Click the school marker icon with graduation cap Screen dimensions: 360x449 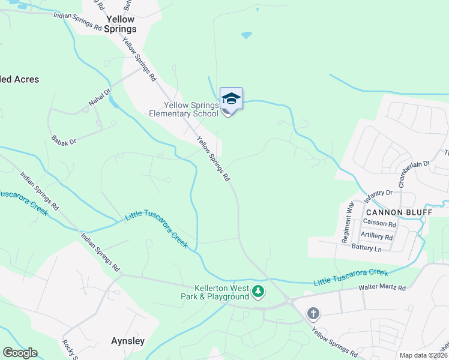231,98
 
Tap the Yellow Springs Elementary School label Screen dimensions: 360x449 183,109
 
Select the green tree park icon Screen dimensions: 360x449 258,292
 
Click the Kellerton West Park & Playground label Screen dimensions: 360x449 215,292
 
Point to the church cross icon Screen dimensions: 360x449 313,313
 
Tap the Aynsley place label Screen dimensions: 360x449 128,341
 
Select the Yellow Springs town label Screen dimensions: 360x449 120,24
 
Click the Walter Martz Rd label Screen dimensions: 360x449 382,288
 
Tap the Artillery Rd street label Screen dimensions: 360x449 377,236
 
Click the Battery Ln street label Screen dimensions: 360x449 367,248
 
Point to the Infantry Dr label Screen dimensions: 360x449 378,196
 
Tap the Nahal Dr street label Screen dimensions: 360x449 100,98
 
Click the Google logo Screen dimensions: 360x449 20,353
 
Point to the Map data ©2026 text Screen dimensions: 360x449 423,355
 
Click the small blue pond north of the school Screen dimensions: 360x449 247,35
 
